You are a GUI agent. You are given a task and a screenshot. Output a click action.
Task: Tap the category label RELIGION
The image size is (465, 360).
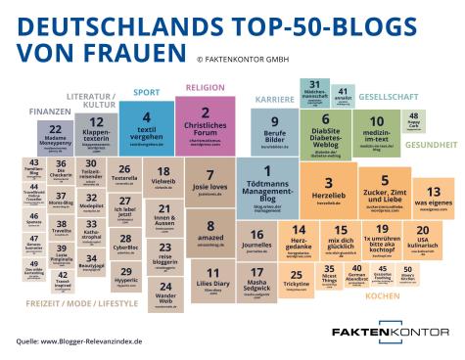tap(206, 87)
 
